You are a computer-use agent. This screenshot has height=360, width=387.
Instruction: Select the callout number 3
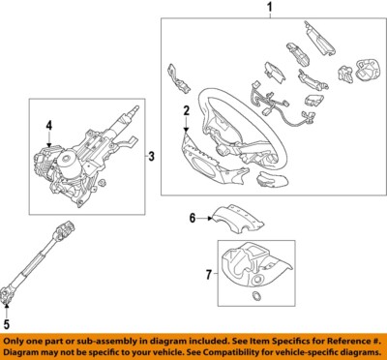[x=151, y=156]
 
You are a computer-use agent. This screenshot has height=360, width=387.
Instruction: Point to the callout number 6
[x=192, y=219]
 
